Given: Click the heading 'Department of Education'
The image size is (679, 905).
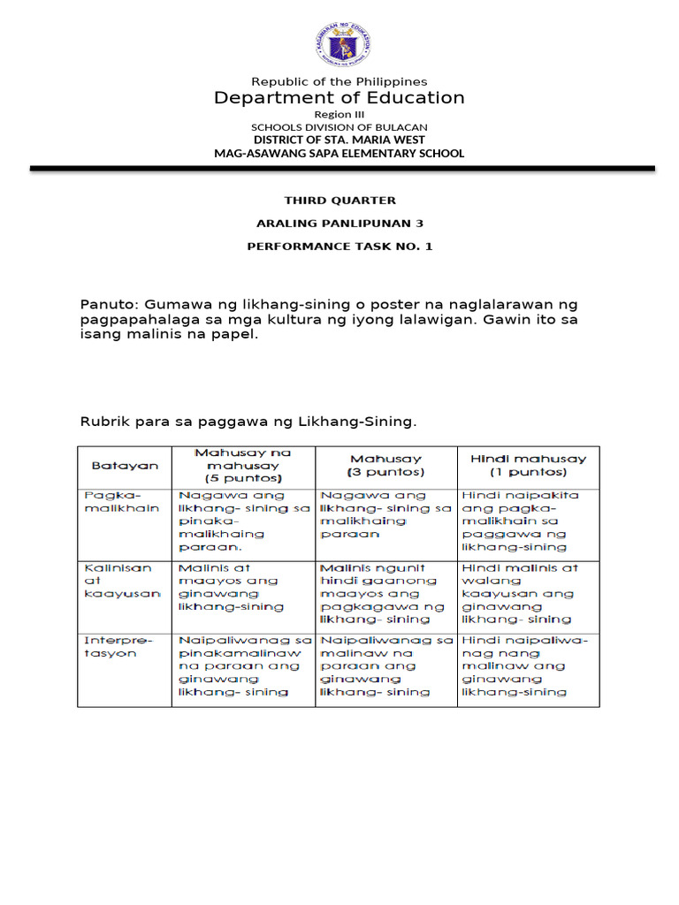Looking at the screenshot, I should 339,98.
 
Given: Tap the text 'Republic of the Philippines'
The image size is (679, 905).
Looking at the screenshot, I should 339,81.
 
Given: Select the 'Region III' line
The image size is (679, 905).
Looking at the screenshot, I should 339,115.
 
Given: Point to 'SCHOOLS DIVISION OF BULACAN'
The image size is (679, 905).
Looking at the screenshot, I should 339,127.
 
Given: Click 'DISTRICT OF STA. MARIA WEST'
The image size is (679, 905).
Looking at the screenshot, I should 339,140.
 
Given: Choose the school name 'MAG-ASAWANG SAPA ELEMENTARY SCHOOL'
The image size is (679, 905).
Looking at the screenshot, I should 339,153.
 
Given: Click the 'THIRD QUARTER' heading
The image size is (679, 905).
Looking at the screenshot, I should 339,201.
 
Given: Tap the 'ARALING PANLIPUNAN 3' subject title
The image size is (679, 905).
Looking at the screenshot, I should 339,224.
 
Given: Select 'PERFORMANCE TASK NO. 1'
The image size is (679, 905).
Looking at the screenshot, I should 339,247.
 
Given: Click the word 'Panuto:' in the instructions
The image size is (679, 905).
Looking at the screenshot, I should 111,305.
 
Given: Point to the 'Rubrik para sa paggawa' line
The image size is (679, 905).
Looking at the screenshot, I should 248,422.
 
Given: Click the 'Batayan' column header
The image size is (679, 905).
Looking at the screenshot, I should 125,465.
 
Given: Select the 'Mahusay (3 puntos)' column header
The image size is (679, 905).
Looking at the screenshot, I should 386,465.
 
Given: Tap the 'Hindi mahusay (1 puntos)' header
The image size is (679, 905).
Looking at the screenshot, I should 528,465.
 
